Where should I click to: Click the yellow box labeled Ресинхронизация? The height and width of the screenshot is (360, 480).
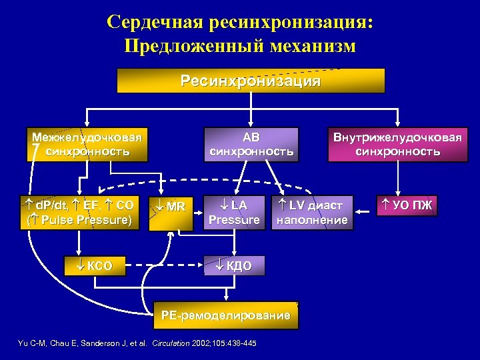251,81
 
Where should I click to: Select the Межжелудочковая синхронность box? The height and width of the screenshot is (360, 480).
87,145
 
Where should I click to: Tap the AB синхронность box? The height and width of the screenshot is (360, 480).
251,145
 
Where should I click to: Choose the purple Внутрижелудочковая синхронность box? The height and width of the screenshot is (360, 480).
397,145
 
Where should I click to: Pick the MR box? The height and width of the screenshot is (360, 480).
171,212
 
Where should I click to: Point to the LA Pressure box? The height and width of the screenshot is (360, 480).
234,212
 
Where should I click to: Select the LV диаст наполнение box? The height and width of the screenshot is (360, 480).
312,212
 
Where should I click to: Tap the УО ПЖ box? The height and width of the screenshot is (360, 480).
408,205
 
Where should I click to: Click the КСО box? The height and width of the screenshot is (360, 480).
95,266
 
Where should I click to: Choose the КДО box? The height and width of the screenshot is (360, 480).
234,266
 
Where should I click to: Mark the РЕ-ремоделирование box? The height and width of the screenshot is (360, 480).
222,315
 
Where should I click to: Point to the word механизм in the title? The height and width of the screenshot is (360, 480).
313,47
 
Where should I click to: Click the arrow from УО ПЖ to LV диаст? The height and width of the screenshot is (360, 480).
364,212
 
